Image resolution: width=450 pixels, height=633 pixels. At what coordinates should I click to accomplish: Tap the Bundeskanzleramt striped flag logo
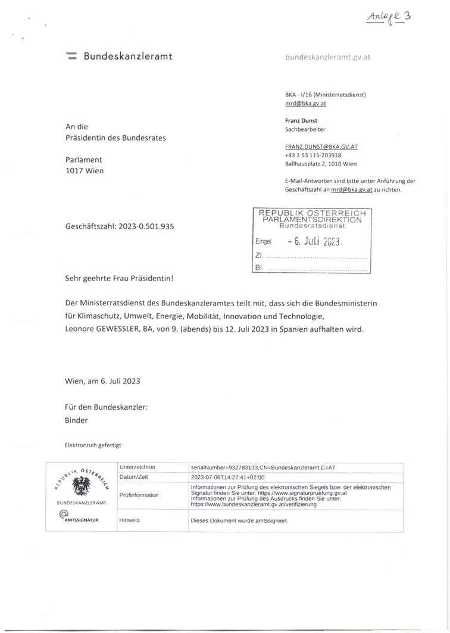[x=71, y=57]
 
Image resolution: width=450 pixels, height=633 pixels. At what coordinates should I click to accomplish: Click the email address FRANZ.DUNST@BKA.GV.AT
[x=321, y=146]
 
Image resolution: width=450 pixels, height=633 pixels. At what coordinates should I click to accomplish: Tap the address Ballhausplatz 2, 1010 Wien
[x=321, y=164]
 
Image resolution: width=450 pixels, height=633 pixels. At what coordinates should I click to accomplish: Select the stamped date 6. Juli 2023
[x=312, y=242]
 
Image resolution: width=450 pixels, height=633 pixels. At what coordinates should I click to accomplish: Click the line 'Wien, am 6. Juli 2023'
[x=102, y=380]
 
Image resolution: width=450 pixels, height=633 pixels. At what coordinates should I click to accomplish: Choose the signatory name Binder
[x=76, y=420]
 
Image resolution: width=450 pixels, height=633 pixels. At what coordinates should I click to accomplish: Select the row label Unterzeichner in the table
[x=138, y=467]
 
